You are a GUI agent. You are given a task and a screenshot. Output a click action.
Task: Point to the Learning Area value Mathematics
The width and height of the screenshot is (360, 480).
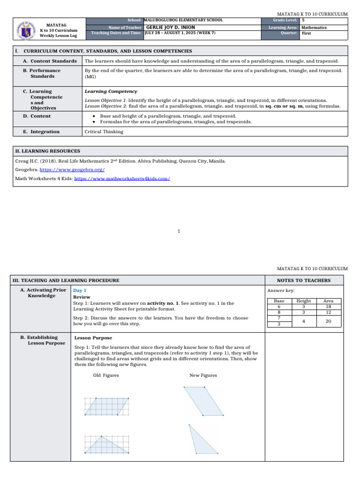(314, 28)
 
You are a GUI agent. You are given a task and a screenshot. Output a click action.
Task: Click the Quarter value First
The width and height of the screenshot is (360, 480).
(306, 34)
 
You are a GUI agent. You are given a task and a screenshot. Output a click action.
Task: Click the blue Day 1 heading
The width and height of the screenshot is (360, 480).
(80, 291)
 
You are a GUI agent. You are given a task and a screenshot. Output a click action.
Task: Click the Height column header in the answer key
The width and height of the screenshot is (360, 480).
(304, 301)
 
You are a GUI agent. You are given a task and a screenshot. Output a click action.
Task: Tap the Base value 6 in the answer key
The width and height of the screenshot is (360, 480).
(279, 307)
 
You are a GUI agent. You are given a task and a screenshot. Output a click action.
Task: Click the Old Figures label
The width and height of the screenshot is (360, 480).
(106, 375)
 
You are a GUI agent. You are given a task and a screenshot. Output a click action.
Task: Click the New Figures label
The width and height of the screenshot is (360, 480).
(203, 375)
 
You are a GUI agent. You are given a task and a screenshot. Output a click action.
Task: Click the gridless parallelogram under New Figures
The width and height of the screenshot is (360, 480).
(203, 401)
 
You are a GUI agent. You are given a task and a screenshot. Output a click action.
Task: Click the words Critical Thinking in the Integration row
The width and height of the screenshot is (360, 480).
(104, 132)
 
